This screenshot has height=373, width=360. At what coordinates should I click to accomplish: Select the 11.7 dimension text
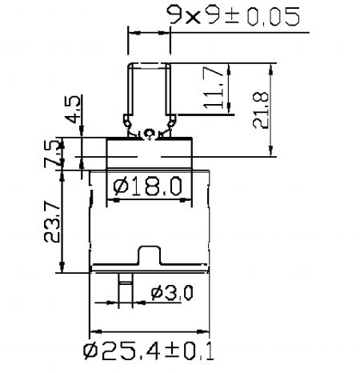coord(213,87)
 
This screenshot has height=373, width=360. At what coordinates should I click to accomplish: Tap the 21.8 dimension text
coord(261,110)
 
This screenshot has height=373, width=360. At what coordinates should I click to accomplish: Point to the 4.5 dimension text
coord(73,109)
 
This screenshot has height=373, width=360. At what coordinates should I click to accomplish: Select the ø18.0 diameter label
coord(148,186)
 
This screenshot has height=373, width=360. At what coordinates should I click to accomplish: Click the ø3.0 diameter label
coord(171,293)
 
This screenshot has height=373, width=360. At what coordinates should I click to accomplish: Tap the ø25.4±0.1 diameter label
coord(149,351)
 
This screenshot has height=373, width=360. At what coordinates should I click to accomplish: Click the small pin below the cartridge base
coord(126,290)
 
